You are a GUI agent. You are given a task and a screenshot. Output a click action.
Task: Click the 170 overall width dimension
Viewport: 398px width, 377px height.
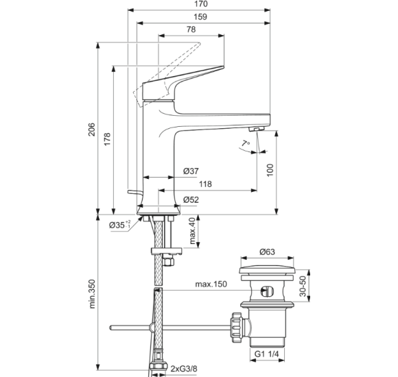tap(201, 4)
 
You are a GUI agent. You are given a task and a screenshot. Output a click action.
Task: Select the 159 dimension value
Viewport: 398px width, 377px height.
tap(200, 16)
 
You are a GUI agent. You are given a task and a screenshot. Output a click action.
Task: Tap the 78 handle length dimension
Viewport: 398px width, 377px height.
tap(191, 29)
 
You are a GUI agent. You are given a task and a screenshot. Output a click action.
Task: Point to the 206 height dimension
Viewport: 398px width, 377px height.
tap(92, 130)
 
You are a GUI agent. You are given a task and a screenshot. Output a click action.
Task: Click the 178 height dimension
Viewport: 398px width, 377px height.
tap(107, 139)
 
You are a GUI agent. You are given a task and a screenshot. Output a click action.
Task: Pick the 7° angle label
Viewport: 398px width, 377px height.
tap(245, 144)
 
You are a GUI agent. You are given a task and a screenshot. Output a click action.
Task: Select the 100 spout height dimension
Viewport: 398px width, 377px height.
tap(270, 170)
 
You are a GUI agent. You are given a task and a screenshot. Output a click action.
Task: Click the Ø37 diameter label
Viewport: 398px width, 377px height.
tap(191, 171)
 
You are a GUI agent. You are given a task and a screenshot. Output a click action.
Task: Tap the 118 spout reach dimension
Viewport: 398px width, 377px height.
tap(205, 184)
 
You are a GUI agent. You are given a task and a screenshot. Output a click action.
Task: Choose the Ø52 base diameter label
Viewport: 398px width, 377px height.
tap(191, 199)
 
